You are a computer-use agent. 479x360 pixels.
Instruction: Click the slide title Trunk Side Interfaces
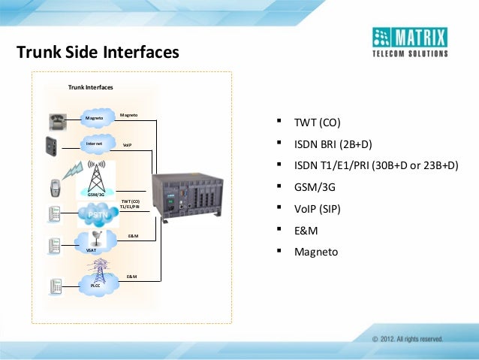(98, 53)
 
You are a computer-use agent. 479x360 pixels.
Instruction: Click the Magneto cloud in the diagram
(95, 119)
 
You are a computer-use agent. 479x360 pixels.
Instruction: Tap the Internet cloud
(95, 144)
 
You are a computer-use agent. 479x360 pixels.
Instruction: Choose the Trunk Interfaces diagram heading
(90, 88)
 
